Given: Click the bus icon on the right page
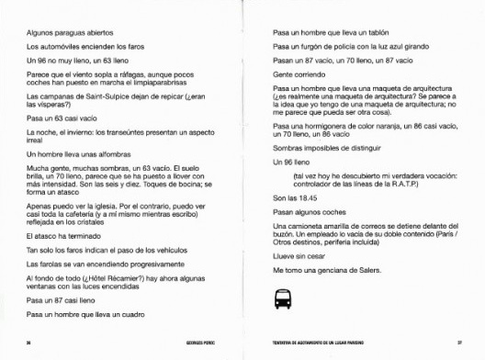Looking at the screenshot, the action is coord(281,298).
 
